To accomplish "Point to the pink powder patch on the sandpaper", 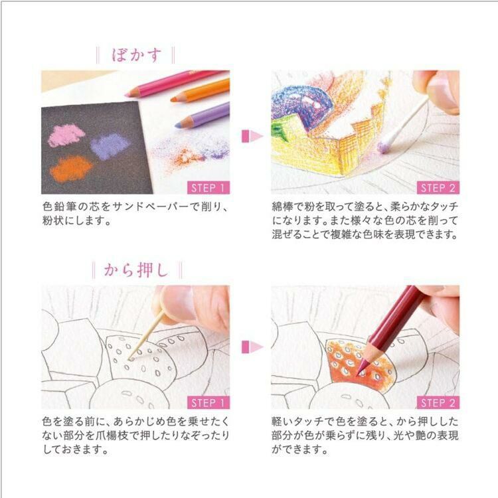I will coord(66,135).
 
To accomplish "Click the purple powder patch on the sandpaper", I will coord(110,145).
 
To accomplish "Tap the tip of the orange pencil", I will coord(173,100).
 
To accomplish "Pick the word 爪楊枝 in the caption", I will coord(163,436).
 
